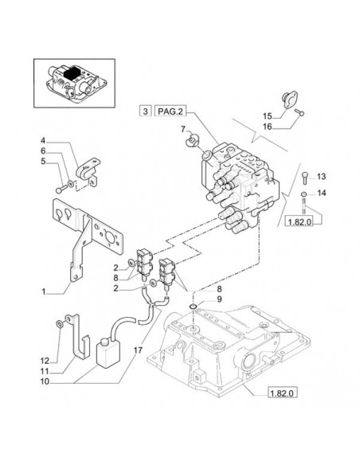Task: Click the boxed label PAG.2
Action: (170, 111)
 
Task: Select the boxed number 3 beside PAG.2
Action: (145, 111)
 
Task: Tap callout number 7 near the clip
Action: (183, 129)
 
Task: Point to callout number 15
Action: (268, 115)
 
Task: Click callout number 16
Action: (268, 127)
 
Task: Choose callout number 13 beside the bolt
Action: (321, 177)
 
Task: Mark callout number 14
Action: (321, 193)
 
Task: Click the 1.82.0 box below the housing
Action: (282, 393)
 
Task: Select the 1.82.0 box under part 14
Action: (299, 221)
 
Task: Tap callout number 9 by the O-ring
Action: (219, 299)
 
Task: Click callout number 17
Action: (138, 350)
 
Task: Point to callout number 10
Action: (45, 381)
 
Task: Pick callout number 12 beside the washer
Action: (45, 361)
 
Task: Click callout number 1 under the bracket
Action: (44, 291)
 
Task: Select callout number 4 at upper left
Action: (43, 140)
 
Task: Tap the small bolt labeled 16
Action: (299, 112)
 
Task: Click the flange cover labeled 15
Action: (288, 100)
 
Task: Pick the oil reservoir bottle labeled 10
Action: (108, 353)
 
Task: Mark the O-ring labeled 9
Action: (193, 306)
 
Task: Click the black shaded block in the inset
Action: (72, 73)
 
